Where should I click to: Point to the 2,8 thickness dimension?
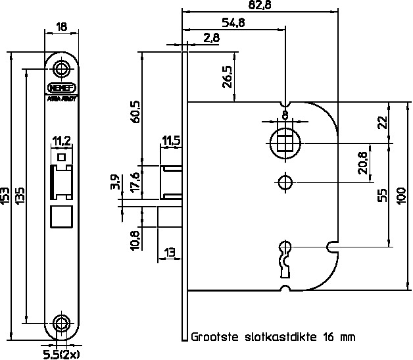(x=212, y=39)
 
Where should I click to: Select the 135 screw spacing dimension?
(x=20, y=197)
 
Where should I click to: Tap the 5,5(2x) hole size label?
(x=61, y=353)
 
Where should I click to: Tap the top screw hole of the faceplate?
(x=61, y=68)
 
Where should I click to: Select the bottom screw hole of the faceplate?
(x=61, y=322)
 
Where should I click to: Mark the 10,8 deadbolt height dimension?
(x=135, y=240)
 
